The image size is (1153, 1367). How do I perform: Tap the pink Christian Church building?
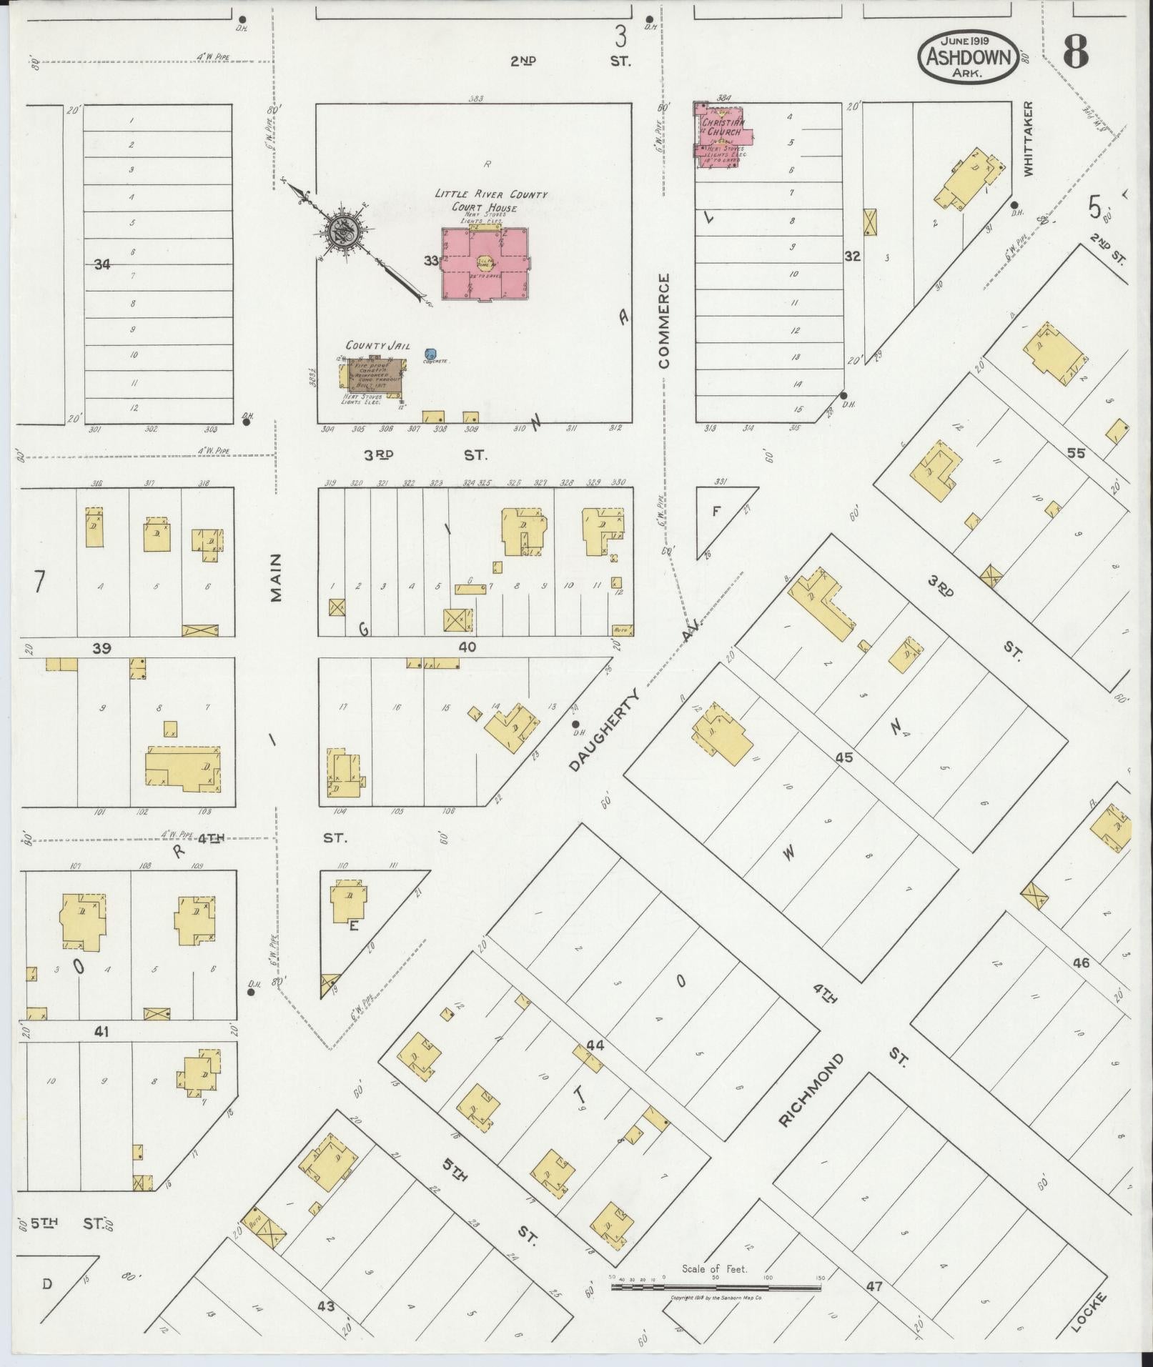[x=721, y=133]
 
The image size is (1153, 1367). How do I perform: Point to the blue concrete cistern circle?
[x=430, y=354]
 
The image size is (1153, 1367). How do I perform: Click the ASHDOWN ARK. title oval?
[x=969, y=56]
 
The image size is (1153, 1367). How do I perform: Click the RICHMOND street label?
[x=811, y=1100]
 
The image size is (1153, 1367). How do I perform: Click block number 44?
[x=595, y=1045]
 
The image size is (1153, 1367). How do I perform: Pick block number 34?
[x=102, y=264]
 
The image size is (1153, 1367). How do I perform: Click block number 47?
[x=874, y=1286]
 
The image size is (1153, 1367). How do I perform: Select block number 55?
[x=1075, y=452]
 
